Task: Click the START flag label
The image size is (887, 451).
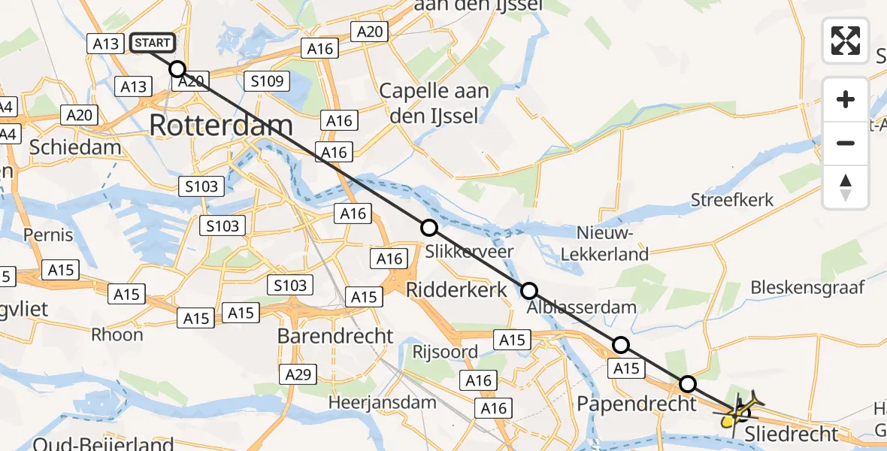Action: click(153, 43)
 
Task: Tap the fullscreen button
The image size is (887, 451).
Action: click(846, 41)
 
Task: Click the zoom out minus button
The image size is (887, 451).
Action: click(846, 143)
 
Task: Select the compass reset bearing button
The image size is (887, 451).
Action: click(846, 187)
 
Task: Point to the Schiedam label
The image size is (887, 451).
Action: click(75, 147)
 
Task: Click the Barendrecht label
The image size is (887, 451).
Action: click(335, 335)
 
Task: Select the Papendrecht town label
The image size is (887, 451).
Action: click(625, 404)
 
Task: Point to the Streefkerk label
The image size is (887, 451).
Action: click(733, 200)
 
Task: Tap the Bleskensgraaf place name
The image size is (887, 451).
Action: click(807, 286)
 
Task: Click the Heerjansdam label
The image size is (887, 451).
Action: click(383, 402)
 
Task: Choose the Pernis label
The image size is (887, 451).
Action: click(49, 235)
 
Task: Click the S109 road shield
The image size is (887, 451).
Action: click(268, 80)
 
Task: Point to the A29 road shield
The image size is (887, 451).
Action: click(299, 374)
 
